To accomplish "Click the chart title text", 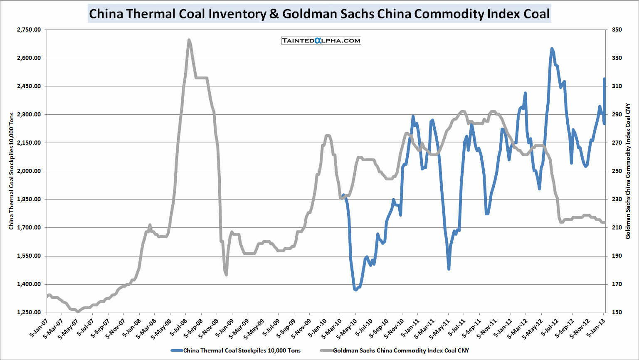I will pyautogui.click(x=319, y=14).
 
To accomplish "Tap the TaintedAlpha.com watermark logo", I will pyautogui.click(x=321, y=40).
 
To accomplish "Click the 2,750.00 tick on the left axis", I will pyautogui.click(x=29, y=30).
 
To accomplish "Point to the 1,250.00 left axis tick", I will pyautogui.click(x=29, y=313).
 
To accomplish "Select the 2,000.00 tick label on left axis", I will pyautogui.click(x=29, y=171).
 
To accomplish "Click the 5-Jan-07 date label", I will pyautogui.click(x=38, y=328).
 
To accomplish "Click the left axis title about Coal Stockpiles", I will pyautogui.click(x=12, y=171).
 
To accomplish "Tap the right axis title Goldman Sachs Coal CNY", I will pyautogui.click(x=628, y=171).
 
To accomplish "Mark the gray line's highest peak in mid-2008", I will pyautogui.click(x=189, y=40).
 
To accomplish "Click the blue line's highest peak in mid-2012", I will pyautogui.click(x=552, y=49).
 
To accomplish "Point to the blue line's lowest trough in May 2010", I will pyautogui.click(x=356, y=290).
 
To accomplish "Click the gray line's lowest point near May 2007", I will pyautogui.click(x=78, y=311).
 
